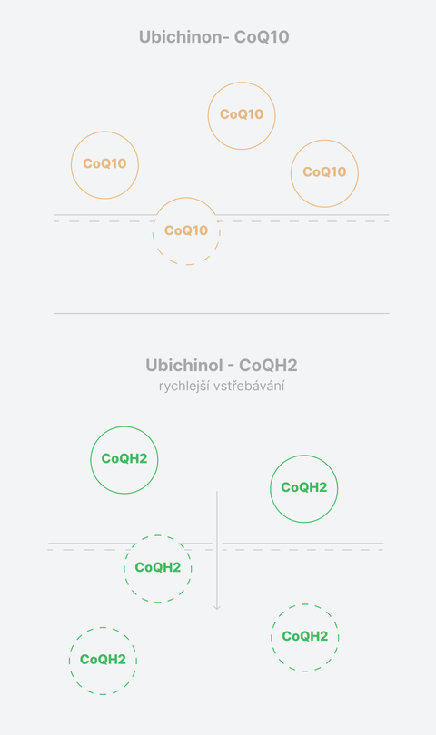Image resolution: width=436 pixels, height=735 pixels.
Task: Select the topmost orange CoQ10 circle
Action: pos(242,82)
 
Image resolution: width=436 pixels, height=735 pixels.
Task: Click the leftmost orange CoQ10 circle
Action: pos(71,165)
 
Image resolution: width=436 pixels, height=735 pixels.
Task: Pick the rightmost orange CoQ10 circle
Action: pos(358,173)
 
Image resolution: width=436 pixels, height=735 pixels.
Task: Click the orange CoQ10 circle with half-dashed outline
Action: pos(186,197)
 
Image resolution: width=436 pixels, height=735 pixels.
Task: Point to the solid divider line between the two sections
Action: pos(222,313)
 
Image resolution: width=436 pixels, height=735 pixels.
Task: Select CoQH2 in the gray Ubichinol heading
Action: pos(269,366)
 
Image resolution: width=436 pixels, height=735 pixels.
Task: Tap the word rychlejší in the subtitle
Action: pos(184,387)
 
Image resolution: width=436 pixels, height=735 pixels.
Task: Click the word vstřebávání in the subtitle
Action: pos(249,387)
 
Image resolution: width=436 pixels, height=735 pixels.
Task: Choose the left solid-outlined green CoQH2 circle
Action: pos(91,460)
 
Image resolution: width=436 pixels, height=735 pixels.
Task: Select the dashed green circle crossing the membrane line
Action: pos(124,569)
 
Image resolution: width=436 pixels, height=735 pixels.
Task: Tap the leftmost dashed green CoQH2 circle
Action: pos(69,661)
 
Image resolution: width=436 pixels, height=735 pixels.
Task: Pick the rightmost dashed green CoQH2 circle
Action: pos(271,638)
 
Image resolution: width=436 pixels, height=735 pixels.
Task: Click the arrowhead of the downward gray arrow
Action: pos(217,608)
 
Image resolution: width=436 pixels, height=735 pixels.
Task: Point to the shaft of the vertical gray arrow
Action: pos(217,549)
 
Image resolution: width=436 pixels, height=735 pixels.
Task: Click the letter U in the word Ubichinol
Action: pos(151,366)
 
